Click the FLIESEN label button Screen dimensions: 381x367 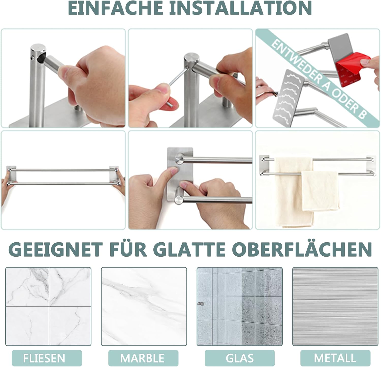pyautogui.click(x=44, y=358)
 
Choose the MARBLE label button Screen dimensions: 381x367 pyautogui.click(x=142, y=358)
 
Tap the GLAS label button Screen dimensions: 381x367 pyautogui.click(x=240, y=358)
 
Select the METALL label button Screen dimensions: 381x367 pyautogui.click(x=335, y=358)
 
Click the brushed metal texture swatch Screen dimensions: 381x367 pyautogui.click(x=335, y=306)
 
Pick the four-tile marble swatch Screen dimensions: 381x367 pyautogui.click(x=48, y=306)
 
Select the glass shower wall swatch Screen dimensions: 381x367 pyautogui.click(x=240, y=306)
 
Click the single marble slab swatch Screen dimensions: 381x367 pyautogui.click(x=144, y=306)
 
